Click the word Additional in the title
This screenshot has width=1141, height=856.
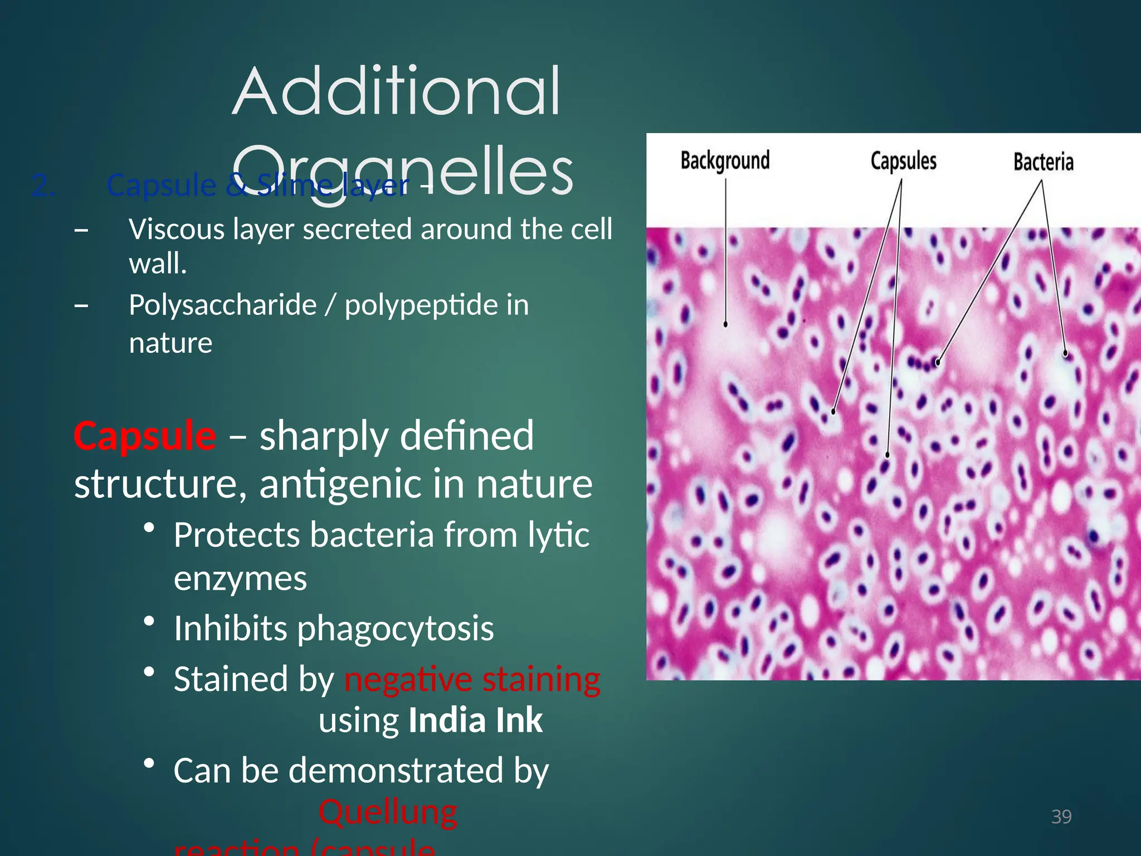tap(396, 92)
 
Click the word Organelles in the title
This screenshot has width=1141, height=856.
tap(402, 172)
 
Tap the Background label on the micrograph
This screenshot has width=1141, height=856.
tap(725, 160)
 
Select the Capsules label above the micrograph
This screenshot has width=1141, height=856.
tap(903, 161)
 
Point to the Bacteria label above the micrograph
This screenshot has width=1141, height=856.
tap(1043, 162)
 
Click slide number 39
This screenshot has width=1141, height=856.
tap(1061, 816)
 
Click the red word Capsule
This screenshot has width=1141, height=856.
tap(145, 436)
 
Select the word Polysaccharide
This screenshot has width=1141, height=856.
tap(222, 305)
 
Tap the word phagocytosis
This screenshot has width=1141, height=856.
tap(395, 629)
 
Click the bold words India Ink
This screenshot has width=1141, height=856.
tap(475, 721)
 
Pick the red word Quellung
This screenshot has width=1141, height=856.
tap(388, 812)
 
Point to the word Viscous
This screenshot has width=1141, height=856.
tap(177, 229)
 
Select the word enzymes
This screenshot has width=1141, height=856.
tap(240, 578)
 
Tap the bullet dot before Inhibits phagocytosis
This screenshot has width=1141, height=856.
tap(148, 621)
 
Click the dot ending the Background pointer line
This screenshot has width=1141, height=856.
tap(725, 324)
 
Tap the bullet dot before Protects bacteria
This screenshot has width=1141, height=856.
tap(148, 527)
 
